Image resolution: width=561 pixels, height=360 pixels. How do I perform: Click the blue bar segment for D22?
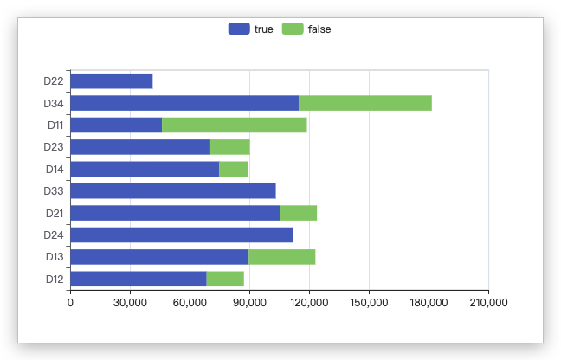click(x=111, y=81)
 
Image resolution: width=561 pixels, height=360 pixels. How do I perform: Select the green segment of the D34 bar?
click(x=364, y=103)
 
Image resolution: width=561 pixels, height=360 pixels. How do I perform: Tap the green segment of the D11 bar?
click(x=234, y=125)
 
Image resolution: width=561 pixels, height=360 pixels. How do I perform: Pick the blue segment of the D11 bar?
click(x=116, y=125)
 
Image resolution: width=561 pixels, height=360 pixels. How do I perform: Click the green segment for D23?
click(x=229, y=147)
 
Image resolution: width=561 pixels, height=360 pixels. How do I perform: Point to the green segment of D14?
click(x=234, y=169)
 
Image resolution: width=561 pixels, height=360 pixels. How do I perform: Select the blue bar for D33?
click(x=172, y=191)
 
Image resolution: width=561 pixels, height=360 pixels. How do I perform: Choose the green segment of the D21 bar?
click(x=298, y=213)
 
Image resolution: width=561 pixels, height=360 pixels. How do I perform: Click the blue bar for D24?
click(x=181, y=235)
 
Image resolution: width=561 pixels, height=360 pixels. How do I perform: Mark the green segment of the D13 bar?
click(x=281, y=257)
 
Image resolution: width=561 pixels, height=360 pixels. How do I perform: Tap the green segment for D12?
click(x=225, y=279)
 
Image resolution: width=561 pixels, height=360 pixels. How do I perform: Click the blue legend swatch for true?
click(x=239, y=29)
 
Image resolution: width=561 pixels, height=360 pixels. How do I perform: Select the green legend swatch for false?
click(x=293, y=29)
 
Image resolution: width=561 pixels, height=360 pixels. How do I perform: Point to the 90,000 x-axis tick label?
click(x=249, y=302)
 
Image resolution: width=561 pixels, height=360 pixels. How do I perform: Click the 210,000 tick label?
click(x=488, y=302)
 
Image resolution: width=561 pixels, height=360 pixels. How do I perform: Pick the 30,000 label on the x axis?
click(x=130, y=302)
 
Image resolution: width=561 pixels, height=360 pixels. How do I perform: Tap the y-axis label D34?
click(x=54, y=103)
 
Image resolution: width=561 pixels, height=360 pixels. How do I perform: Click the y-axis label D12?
click(x=54, y=279)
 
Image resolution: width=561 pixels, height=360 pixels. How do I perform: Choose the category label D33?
click(x=54, y=191)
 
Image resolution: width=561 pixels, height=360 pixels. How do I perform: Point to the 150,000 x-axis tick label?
click(x=369, y=302)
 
